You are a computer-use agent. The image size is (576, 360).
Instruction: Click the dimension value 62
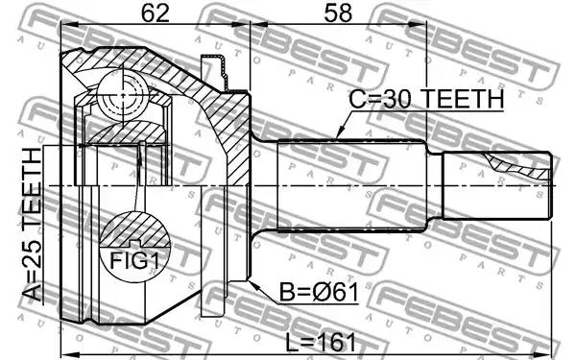[156, 13]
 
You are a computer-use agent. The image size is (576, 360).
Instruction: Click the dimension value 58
[338, 13]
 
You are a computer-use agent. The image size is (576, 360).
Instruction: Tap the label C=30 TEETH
[426, 99]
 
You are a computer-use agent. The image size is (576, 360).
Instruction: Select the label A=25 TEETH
[33, 225]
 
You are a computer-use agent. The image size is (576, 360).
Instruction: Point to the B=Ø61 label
[319, 293]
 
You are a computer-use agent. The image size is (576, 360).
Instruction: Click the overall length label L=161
[321, 343]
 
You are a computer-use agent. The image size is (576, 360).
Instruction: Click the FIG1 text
[134, 261]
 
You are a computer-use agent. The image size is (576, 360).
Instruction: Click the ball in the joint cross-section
[122, 95]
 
